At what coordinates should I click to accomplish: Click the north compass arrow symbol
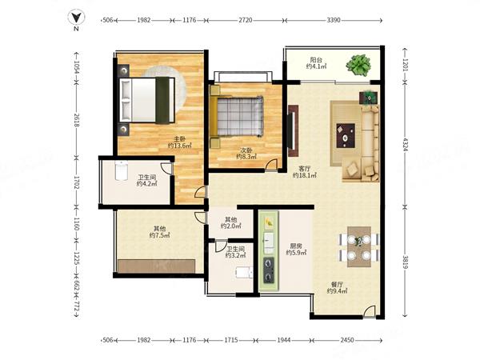click(76, 18)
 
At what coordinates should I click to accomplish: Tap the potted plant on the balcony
click(358, 65)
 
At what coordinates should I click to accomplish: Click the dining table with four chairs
click(358, 246)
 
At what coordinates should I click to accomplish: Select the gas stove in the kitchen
click(269, 270)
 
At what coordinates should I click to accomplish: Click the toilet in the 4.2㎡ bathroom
click(122, 172)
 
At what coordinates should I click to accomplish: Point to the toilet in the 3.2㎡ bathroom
click(244, 272)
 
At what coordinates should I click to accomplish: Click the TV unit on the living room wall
click(293, 130)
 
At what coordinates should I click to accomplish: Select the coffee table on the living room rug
click(346, 135)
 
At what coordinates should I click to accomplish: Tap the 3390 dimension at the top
click(334, 20)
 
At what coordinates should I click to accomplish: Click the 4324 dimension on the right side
click(405, 145)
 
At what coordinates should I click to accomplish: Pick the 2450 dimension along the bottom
click(347, 340)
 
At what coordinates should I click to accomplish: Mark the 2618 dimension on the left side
click(77, 120)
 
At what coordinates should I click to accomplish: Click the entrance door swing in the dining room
click(370, 311)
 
